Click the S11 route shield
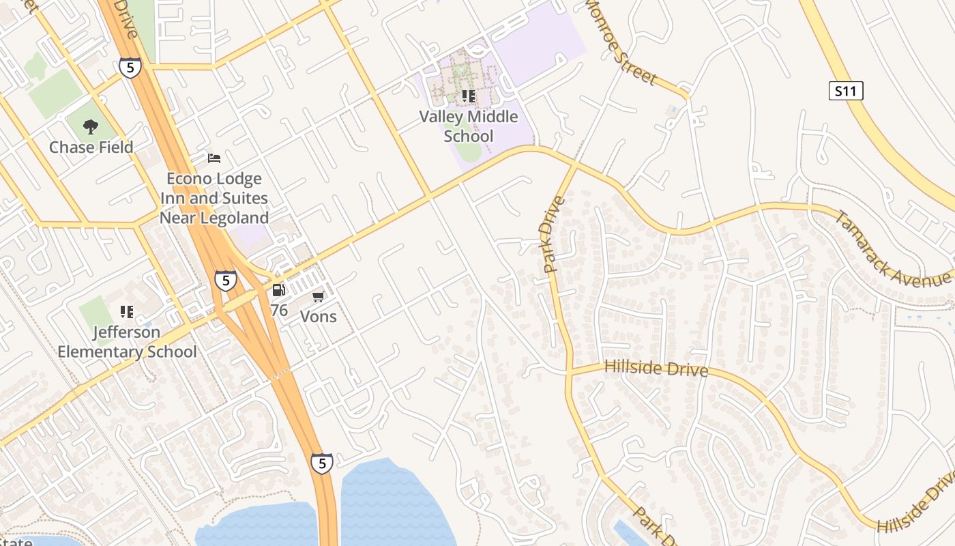coord(846,91)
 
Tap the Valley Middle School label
coord(469,126)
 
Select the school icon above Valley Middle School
coord(468,96)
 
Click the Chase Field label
coord(91,147)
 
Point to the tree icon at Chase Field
coord(90,127)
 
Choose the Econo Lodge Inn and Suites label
coord(214,199)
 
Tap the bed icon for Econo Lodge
coord(214,158)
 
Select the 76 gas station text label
coord(279,311)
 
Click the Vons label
coord(319,317)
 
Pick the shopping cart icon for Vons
coord(318,296)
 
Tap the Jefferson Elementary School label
coord(127,342)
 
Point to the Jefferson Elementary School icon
coord(127,312)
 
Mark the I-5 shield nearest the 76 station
coord(225,280)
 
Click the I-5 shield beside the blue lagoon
coord(322,463)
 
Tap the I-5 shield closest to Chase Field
coord(130,67)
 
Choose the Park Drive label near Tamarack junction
coord(555,235)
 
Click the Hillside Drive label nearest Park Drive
coord(656,369)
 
